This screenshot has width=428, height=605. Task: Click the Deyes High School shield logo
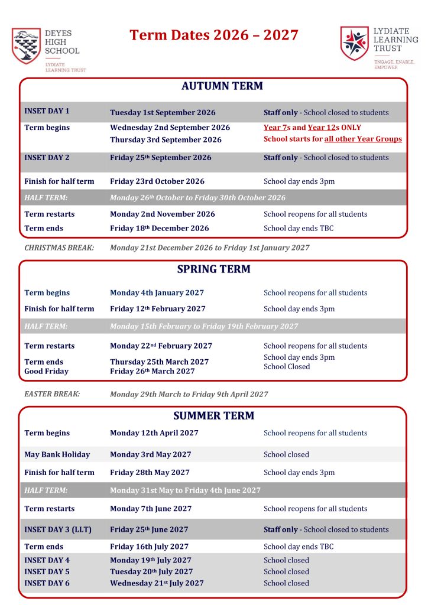click(27, 46)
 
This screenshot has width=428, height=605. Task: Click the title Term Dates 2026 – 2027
click(214, 35)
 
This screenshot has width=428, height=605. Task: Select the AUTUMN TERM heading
click(214, 86)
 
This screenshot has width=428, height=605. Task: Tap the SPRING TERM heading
click(214, 269)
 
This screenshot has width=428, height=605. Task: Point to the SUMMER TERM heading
click(214, 416)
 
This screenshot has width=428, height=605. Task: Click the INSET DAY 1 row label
click(47, 111)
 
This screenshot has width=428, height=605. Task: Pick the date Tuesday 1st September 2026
click(163, 112)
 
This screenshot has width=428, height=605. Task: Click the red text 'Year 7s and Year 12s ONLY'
click(312, 128)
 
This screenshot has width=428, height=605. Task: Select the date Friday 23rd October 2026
click(157, 181)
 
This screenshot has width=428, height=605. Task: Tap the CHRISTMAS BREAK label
click(59, 248)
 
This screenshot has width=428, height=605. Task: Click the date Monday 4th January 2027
click(157, 293)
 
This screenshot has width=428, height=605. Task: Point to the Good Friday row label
click(46, 372)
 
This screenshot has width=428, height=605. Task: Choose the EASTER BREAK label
click(52, 394)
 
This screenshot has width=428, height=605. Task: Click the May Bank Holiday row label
click(57, 455)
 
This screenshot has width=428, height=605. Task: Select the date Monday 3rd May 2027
click(150, 455)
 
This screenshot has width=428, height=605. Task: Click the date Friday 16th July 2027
click(149, 547)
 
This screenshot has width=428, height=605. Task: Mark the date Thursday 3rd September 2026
click(166, 140)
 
